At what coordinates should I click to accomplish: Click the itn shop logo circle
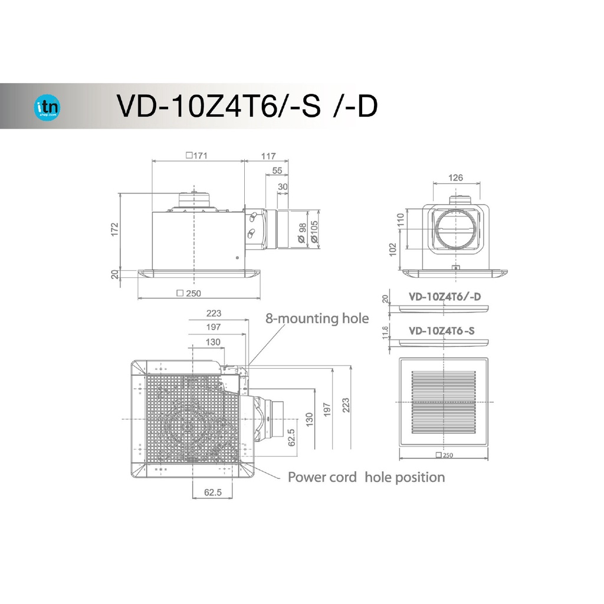point(47,107)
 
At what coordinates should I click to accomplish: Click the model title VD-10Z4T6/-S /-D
point(247,106)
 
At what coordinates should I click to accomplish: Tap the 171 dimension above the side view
point(197,156)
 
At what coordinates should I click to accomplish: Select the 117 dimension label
point(268,156)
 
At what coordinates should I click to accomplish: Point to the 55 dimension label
point(277,170)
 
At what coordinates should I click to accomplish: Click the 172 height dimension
point(114,229)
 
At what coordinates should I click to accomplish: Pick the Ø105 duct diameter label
point(314,231)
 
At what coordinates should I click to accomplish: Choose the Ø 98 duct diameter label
point(302,233)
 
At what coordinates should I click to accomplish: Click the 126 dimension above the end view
point(456,178)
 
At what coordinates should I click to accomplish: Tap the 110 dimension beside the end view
point(401,220)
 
